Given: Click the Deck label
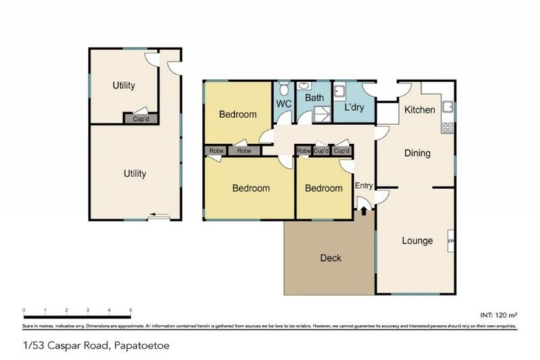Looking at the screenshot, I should (330, 258).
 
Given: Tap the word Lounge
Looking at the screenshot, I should (417, 241).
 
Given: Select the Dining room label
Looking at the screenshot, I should (417, 153).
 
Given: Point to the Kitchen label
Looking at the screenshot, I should (419, 110).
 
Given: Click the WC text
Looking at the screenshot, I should (283, 104).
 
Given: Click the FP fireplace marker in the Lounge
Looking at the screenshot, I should (451, 242).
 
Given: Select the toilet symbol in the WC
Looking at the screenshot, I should (283, 89).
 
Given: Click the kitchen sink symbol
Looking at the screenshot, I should (448, 108).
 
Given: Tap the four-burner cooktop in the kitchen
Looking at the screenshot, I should (448, 128).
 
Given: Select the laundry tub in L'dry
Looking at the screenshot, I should (339, 90).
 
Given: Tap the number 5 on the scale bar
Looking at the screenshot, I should (131, 309).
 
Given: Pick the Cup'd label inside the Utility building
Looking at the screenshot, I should (140, 119).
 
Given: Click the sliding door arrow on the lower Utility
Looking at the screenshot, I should (158, 217).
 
